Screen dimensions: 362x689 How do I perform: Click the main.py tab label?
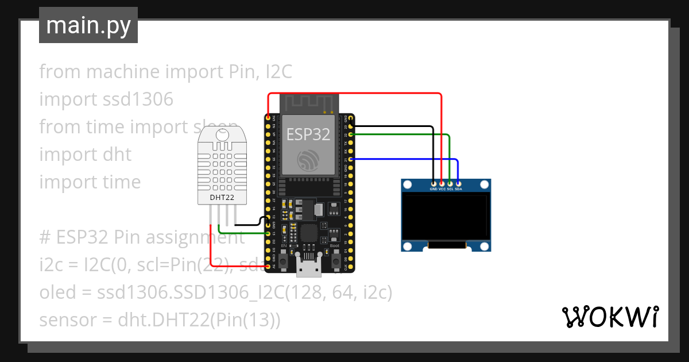(88, 25)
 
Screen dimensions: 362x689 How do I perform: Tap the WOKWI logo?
(609, 317)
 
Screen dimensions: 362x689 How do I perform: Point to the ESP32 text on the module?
(308, 134)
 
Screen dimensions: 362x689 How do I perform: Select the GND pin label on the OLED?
(433, 188)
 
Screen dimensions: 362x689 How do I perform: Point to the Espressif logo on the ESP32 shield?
(309, 161)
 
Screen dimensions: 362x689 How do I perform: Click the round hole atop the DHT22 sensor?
(223, 135)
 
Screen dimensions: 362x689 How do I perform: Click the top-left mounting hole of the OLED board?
(408, 185)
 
